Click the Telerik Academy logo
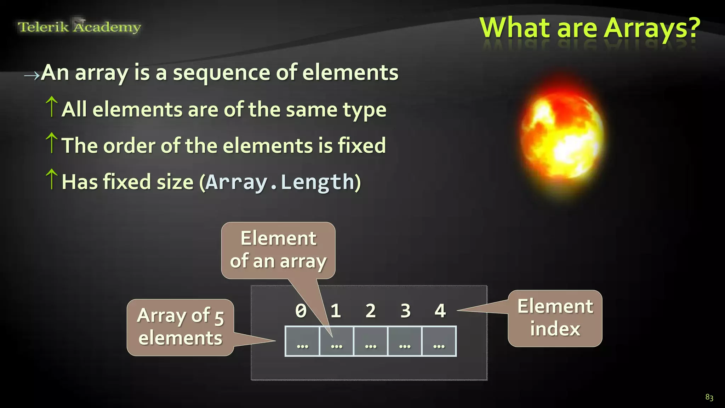[x=79, y=27]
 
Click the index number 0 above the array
[x=301, y=311]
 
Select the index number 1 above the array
[x=336, y=311]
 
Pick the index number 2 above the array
[x=371, y=311]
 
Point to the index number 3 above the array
[x=405, y=311]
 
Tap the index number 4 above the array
[x=440, y=311]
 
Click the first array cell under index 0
[x=302, y=341]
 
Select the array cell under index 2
[x=371, y=341]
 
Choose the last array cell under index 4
[x=439, y=341]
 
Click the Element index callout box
[x=555, y=318]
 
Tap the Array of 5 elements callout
[x=180, y=327]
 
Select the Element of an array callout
[x=278, y=250]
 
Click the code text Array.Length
[x=280, y=182]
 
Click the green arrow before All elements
[x=52, y=107]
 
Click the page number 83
[x=709, y=397]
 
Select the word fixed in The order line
[x=362, y=145]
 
